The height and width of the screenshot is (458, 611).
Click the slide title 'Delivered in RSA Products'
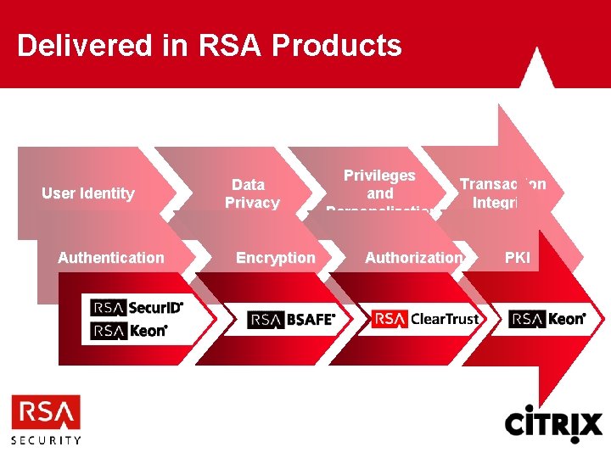tap(209, 45)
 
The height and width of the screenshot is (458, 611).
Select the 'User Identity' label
tap(88, 193)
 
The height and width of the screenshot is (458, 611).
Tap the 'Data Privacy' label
tap(251, 193)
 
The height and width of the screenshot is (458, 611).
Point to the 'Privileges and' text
tap(379, 184)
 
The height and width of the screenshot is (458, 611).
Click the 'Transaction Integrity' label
tap(502, 193)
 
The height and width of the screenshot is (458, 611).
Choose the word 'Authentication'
tap(111, 257)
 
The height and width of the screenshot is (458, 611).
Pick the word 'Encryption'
tap(275, 257)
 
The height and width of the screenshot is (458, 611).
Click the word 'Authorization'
tap(413, 257)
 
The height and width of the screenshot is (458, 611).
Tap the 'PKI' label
tap(517, 257)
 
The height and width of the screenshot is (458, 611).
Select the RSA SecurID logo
tap(137, 307)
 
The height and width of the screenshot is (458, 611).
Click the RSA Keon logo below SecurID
tap(129, 330)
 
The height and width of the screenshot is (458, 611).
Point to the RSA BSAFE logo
tap(292, 320)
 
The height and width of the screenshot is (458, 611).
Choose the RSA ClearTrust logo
tap(425, 319)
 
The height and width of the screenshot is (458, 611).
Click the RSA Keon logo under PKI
tap(547, 319)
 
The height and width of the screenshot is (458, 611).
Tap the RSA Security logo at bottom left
tap(46, 419)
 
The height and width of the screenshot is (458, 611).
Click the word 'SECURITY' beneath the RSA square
tap(46, 440)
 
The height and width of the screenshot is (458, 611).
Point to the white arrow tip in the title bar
tap(532, 68)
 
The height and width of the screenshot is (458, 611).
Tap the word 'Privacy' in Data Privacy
tap(252, 203)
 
